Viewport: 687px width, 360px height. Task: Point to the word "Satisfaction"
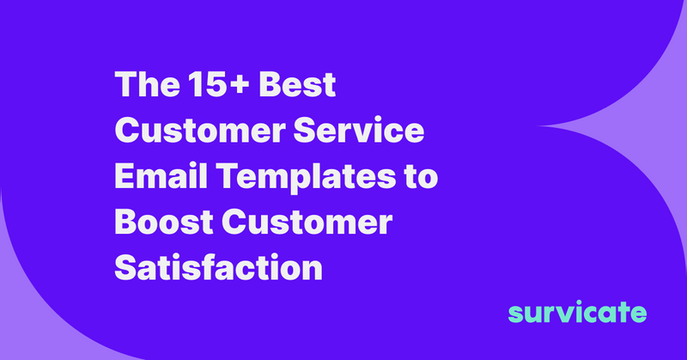(218, 267)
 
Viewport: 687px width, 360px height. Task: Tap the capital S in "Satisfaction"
(126, 267)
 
